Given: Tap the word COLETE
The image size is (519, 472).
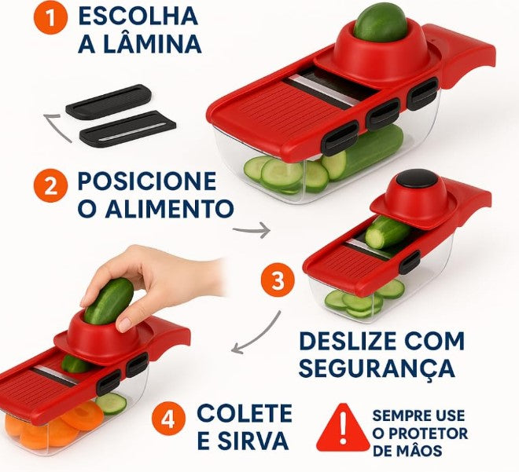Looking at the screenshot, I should [245, 413].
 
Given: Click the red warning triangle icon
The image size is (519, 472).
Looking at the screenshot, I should [341, 428].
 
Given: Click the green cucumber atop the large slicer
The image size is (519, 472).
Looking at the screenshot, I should [379, 21].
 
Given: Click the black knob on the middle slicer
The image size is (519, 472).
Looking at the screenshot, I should [416, 179].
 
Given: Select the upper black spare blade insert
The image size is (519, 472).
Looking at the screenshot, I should [108, 101].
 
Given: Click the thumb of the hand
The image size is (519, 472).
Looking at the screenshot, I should [125, 320].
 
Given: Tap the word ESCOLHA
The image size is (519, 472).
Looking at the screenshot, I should [138, 15].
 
